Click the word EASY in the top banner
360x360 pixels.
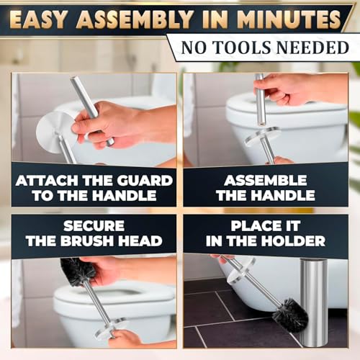point(37,20)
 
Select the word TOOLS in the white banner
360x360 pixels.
point(243,48)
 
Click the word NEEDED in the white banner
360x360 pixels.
point(312,48)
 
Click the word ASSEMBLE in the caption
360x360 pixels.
point(266,181)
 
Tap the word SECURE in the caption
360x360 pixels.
point(94,226)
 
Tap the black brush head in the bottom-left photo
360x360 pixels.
point(78,271)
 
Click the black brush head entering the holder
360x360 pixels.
point(291,315)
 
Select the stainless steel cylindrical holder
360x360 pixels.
point(314,302)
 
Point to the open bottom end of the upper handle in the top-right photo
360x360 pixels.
point(261,125)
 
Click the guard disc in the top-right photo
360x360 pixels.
point(262,136)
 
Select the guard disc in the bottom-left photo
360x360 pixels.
point(112,328)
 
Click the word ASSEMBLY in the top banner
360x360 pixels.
point(135,20)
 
